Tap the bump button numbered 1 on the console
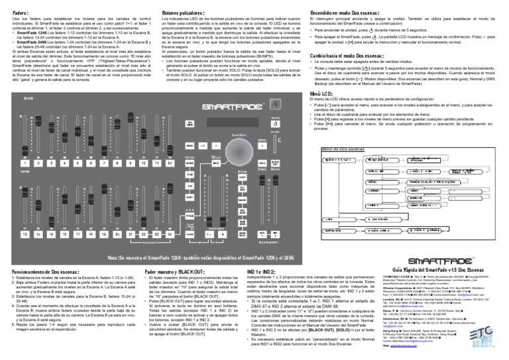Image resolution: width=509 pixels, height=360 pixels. click(x=24, y=162)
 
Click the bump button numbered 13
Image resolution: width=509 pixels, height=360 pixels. click(x=24, y=234)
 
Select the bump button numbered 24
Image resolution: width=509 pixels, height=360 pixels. click(x=157, y=234)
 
